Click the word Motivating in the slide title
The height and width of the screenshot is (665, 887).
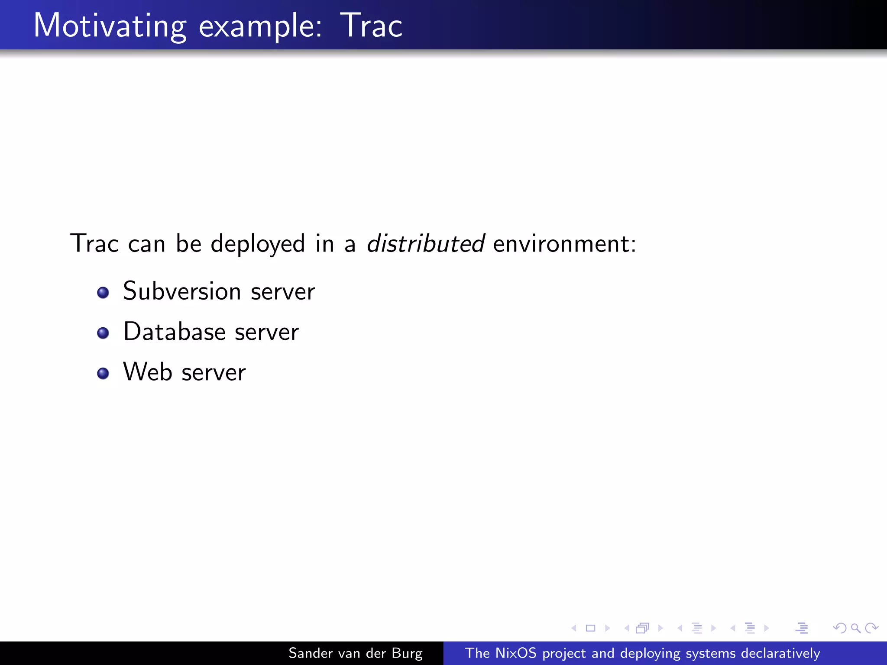pos(110,26)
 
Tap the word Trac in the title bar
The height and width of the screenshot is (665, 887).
pos(371,26)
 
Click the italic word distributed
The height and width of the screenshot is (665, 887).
pos(425,243)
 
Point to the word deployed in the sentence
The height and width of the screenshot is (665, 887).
pos(258,244)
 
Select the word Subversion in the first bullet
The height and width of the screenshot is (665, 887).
pos(182,291)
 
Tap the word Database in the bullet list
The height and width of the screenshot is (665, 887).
pos(175,332)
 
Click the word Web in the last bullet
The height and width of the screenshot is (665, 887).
pos(148,372)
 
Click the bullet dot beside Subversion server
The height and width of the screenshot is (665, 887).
pos(103,293)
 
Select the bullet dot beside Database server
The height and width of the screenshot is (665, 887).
pos(103,333)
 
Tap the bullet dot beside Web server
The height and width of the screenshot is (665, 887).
pos(103,373)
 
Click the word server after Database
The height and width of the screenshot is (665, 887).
pos(266,332)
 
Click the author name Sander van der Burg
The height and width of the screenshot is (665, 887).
pos(355,653)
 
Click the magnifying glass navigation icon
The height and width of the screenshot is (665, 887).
pos(855,628)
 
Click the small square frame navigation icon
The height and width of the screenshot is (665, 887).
pos(590,628)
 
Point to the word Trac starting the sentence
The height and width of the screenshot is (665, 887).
pos(94,243)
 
